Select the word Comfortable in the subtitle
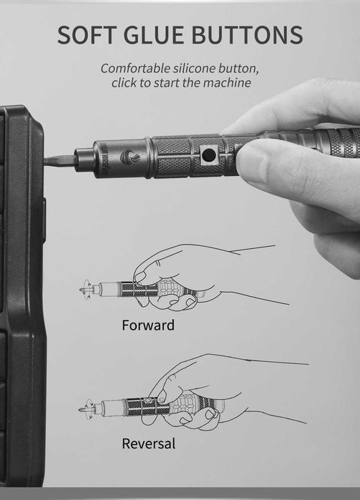[136, 68]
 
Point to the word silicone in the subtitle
[195, 68]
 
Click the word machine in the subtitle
[227, 83]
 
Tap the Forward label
[148, 325]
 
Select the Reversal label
[149, 443]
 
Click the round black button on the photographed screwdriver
[209, 155]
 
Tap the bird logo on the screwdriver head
[130, 157]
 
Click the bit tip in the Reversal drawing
[81, 409]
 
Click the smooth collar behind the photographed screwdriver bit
[84, 160]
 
